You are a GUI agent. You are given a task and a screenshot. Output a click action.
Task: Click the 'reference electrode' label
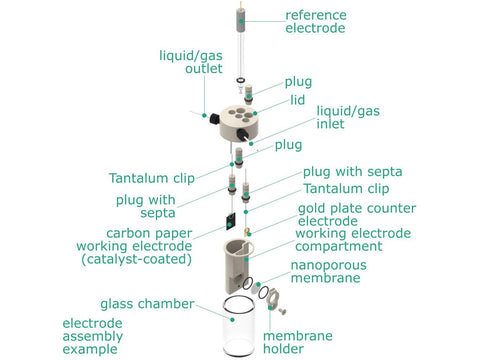point(316,22)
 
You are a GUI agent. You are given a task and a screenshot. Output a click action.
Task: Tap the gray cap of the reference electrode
point(241,20)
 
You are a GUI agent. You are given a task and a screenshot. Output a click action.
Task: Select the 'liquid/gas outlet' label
point(191,62)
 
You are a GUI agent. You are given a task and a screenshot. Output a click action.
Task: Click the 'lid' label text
point(298,100)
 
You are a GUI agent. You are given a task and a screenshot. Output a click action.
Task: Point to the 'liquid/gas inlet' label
point(348,117)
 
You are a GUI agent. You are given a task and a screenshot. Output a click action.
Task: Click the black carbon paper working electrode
point(230,221)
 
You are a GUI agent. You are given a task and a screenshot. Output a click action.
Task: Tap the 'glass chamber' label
point(147,304)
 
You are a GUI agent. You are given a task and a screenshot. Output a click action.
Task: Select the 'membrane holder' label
point(298,342)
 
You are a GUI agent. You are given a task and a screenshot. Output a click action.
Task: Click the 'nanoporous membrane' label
point(328,271)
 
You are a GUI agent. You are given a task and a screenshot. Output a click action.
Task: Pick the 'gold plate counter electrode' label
point(357,214)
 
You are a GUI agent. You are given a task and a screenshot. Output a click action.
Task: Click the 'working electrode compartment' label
point(353,240)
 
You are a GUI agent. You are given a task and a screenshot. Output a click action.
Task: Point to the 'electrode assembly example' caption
point(93,336)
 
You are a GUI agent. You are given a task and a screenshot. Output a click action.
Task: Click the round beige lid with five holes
point(239,123)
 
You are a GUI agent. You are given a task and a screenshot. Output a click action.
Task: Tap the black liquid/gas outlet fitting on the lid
point(214,119)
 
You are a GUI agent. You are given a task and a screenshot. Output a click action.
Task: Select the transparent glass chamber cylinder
point(239,328)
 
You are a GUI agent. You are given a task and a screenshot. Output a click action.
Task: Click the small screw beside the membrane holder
point(282,311)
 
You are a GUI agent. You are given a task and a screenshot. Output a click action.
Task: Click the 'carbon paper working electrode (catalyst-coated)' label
point(134,246)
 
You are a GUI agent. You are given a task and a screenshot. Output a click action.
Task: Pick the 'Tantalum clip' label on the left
point(152,178)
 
